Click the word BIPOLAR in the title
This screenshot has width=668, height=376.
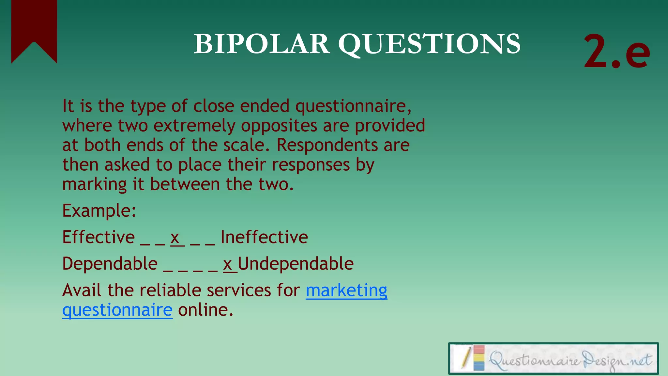coord(261,44)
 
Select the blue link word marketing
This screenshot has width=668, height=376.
coord(346,290)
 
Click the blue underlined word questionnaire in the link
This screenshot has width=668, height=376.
coord(117,310)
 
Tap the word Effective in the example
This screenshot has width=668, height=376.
coord(98,237)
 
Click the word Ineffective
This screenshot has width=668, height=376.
coord(264,237)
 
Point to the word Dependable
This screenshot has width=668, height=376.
coord(110,263)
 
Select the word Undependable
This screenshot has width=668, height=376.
coord(296,263)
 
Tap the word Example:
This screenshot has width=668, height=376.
coord(99,211)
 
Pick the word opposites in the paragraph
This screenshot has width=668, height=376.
coord(279,126)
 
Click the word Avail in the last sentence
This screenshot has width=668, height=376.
coord(82,290)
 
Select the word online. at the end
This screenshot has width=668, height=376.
coord(205,310)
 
